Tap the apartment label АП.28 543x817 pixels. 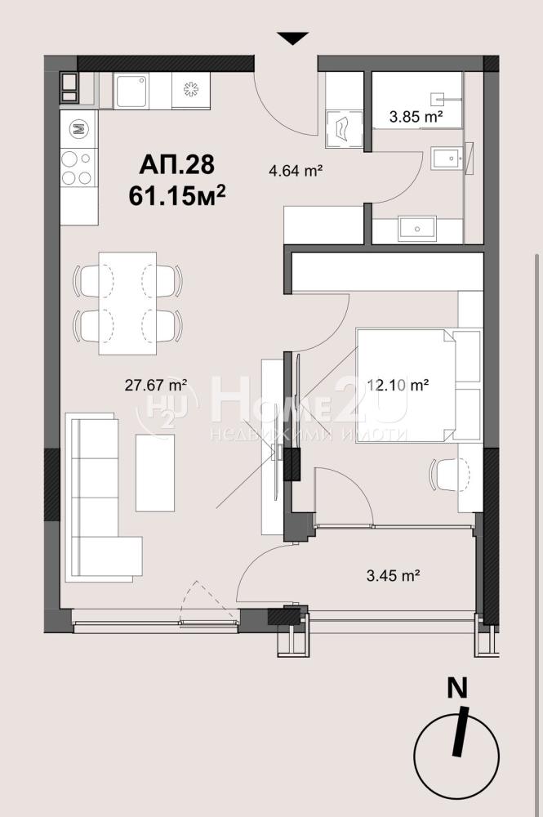[x=176, y=165]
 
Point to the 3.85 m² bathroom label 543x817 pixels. [x=416, y=116]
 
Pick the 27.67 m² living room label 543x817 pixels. [x=156, y=385]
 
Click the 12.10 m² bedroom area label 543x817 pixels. [x=398, y=385]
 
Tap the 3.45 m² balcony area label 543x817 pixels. [x=394, y=576]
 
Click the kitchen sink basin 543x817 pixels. [x=131, y=91]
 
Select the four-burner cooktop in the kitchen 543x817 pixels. [x=78, y=167]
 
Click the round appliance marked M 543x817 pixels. [x=78, y=128]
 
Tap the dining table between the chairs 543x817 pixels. [x=127, y=303]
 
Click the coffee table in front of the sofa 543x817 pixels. [x=155, y=472]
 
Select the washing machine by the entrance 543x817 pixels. [x=344, y=128]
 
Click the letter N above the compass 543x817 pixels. [x=457, y=689]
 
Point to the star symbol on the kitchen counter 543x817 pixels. [x=191, y=90]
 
